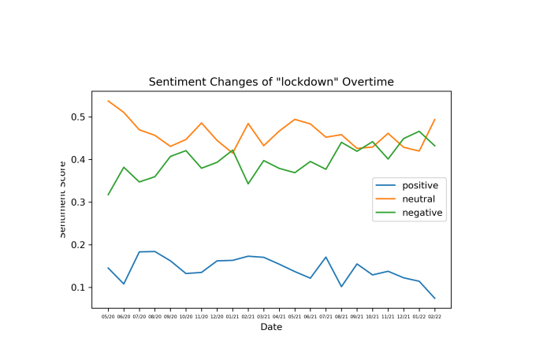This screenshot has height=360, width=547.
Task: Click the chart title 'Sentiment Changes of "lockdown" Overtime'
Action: point(271,82)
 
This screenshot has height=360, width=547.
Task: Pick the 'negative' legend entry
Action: point(422,213)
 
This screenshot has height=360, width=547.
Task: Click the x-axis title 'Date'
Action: point(271,327)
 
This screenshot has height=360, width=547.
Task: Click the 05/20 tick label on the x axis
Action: point(109,314)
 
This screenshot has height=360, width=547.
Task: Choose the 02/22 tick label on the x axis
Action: point(434,314)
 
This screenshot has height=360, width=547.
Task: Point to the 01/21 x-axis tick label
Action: point(233,314)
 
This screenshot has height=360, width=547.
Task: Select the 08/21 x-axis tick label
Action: point(341,314)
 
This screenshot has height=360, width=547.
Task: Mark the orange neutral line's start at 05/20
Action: point(109,101)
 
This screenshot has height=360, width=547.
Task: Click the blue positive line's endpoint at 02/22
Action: point(434,299)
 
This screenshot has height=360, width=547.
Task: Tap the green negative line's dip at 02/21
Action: point(248,184)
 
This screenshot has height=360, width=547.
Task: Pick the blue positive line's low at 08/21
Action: point(341,287)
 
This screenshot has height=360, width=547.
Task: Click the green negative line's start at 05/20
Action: point(109,195)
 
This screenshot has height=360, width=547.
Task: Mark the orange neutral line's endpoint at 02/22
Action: point(434,120)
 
